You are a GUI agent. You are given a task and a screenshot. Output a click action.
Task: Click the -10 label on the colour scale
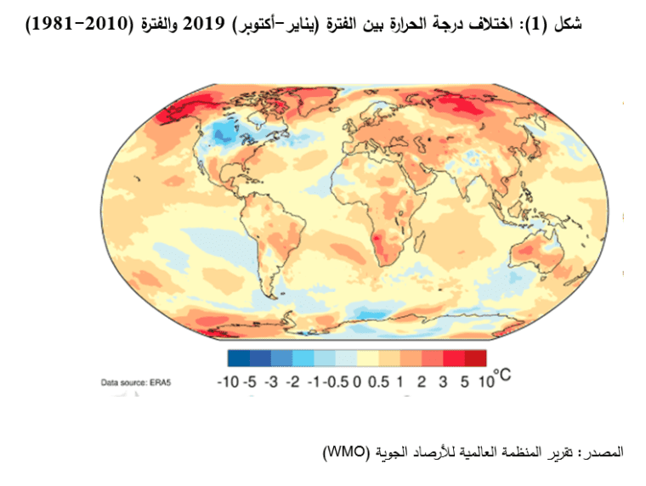228,381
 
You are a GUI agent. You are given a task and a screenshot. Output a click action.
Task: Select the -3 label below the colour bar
271,381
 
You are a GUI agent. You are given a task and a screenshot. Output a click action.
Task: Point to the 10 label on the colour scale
485,381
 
